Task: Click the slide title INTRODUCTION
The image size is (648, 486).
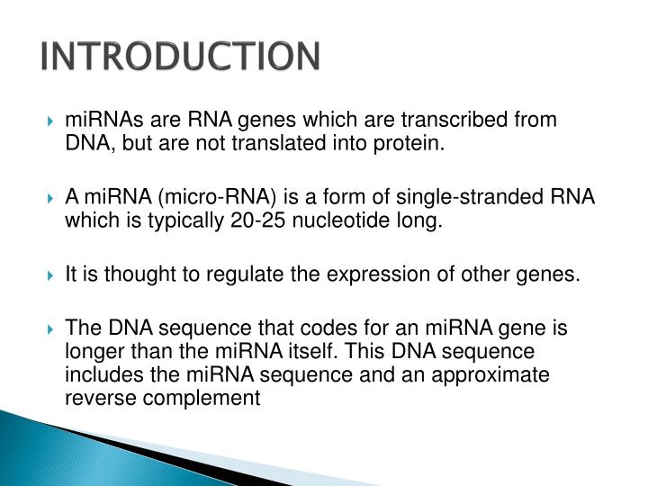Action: tap(180, 56)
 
